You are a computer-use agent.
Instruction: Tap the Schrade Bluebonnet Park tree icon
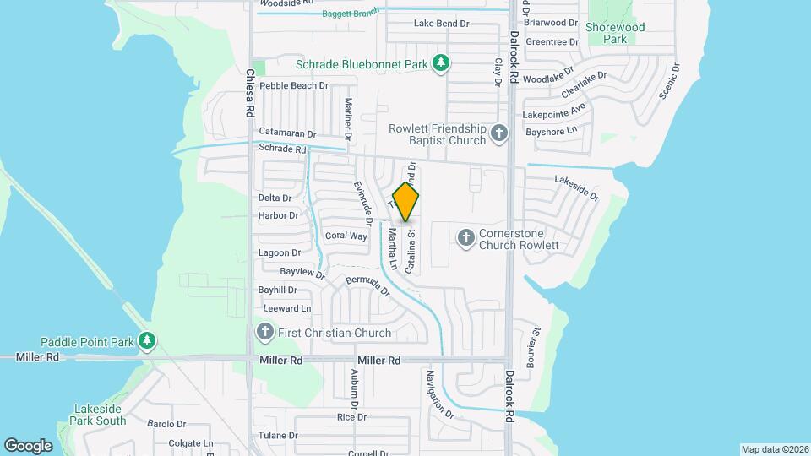[440, 63]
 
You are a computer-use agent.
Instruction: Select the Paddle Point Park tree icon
[148, 341]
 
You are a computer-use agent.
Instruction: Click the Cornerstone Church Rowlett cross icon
[465, 238]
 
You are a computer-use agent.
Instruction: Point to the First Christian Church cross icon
[264, 332]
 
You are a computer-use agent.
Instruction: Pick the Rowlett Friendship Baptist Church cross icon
[499, 133]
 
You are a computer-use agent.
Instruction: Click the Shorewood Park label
[615, 33]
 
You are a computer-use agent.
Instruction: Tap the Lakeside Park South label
[99, 414]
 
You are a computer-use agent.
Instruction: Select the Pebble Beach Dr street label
[294, 86]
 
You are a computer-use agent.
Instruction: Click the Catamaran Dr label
[287, 133]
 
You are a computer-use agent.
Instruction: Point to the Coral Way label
[346, 236]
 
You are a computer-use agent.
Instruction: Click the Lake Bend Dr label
[441, 24]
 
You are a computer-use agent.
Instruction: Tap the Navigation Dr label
[441, 395]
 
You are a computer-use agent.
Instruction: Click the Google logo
[28, 445]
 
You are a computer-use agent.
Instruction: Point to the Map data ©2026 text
[773, 449]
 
